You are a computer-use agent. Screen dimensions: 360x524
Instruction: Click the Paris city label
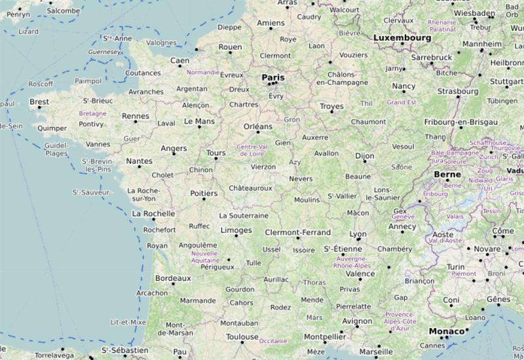(x=274, y=77)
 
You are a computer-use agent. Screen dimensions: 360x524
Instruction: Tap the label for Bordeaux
(x=173, y=278)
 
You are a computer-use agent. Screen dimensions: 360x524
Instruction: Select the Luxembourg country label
(x=402, y=38)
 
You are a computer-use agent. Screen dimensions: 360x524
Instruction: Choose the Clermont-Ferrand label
(x=297, y=232)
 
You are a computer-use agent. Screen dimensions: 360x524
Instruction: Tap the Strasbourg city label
(x=458, y=92)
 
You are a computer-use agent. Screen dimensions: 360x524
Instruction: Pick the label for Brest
(x=39, y=102)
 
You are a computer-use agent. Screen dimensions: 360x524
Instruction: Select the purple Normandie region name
(x=203, y=72)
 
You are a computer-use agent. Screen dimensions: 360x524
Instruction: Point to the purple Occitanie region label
(x=273, y=341)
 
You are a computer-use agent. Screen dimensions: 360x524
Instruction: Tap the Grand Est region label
(x=402, y=103)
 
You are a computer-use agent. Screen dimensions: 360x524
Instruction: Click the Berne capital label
(x=447, y=175)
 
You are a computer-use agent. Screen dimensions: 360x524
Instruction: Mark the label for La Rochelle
(x=154, y=213)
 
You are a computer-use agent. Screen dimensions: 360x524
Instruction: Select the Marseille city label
(x=375, y=350)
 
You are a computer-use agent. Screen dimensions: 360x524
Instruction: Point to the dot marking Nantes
(x=138, y=168)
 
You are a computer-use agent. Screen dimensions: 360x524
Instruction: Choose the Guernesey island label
(x=105, y=52)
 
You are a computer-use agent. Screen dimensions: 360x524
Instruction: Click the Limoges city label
(x=236, y=230)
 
